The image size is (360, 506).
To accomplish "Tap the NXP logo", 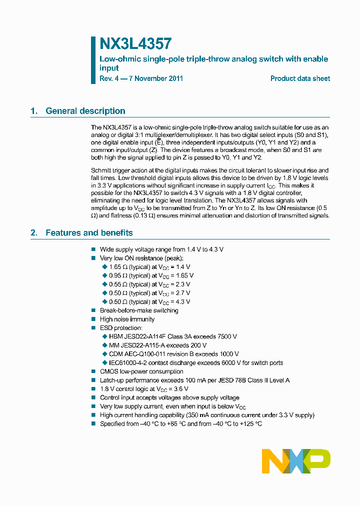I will coord(296,461).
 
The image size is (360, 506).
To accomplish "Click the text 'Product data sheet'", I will coord(300,78).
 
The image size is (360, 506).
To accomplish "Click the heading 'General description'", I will coord(85,111).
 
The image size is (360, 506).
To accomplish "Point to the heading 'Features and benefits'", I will coord(89,232).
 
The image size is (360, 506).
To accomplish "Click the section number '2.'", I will coord(34,232).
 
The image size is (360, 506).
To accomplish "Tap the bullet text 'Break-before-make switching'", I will coord(139,310).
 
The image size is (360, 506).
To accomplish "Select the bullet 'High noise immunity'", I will coord(127,319).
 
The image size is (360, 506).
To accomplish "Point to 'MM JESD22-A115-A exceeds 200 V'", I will coord(157,345).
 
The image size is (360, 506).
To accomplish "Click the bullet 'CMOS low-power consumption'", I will coord(141,371).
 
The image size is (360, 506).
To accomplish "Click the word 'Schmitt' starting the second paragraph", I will coord(101,170).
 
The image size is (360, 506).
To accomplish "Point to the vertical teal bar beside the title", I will coord(93,59).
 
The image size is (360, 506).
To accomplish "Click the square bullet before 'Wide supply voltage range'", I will coord(93,249).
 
